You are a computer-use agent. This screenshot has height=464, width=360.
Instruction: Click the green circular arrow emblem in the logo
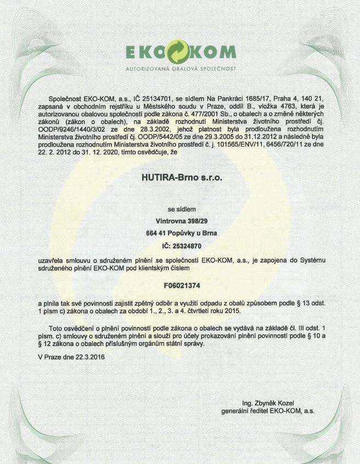[181, 52]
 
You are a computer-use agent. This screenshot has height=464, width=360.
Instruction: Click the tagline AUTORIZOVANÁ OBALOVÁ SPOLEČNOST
[181, 69]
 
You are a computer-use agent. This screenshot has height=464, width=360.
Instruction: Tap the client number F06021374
[179, 286]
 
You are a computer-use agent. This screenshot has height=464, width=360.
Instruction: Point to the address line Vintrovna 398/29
[179, 221]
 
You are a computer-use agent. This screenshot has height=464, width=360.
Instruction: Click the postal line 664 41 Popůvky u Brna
[179, 233]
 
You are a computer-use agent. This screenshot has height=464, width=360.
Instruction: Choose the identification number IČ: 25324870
[179, 246]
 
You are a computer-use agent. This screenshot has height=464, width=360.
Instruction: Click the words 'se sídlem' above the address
[179, 209]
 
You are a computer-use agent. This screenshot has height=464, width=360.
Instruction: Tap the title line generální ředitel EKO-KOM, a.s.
[268, 411]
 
